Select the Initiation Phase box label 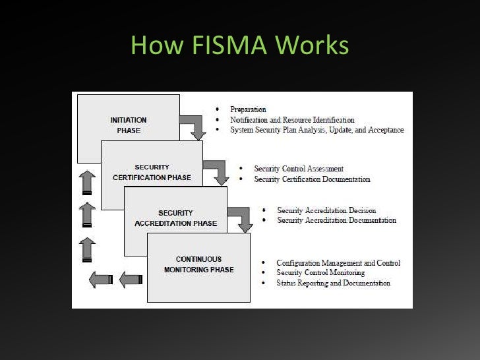point(128,125)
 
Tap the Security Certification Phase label point(152,172)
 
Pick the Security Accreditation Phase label point(175,218)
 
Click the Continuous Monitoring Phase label point(198,264)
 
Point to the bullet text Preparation point(248,109)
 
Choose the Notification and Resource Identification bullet point(292,120)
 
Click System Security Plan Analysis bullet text point(316,130)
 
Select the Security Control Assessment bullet point(299,169)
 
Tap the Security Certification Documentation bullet point(312,179)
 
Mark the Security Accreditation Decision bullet point(326,210)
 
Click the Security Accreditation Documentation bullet point(336,220)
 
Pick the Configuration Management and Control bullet point(338,263)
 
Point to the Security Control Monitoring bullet point(320,272)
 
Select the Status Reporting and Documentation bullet point(333,283)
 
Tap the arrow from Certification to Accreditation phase point(217,172)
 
